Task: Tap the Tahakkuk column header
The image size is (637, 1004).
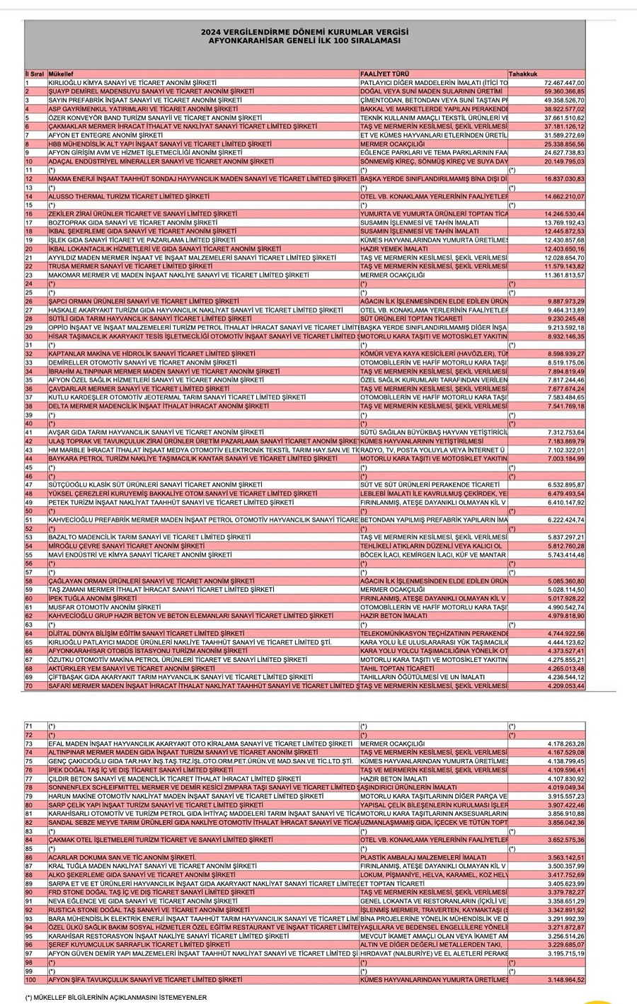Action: (523, 74)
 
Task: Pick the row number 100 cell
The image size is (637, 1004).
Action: (30, 980)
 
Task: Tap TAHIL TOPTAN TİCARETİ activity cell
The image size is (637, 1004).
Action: (396, 668)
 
